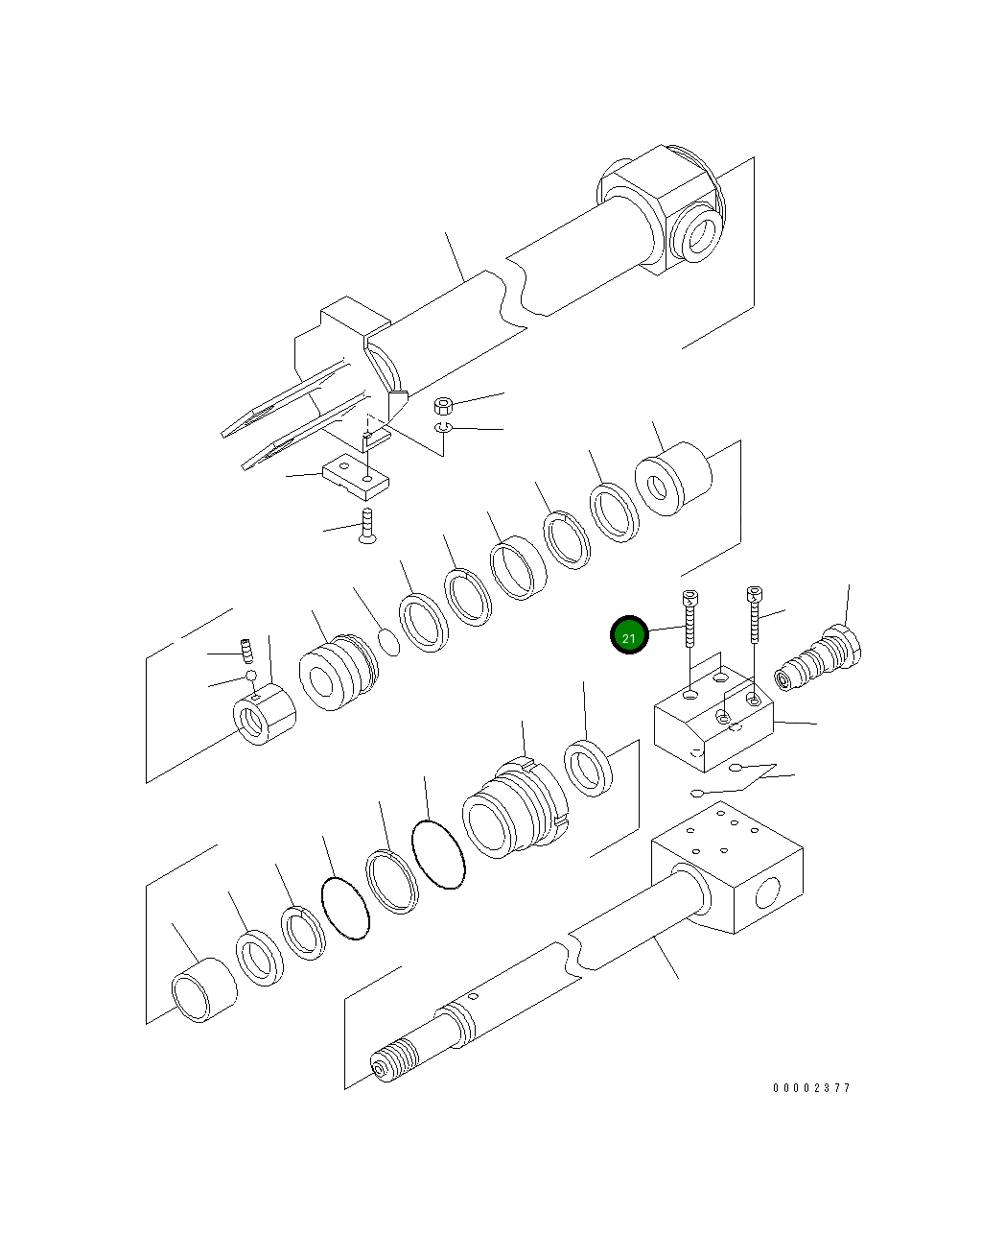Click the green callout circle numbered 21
(x=630, y=635)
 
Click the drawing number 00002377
(x=811, y=1088)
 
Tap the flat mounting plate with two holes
(x=355, y=477)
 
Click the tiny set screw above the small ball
(x=245, y=652)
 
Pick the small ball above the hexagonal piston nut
(x=251, y=676)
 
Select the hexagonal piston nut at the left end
(x=265, y=716)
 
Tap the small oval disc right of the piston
(x=388, y=641)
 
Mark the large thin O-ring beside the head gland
(x=438, y=854)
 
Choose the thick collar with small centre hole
(x=674, y=481)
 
